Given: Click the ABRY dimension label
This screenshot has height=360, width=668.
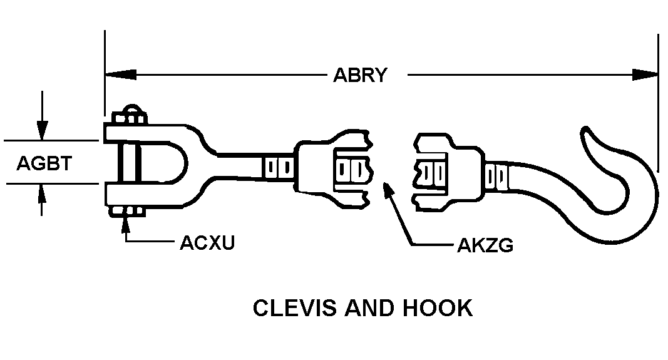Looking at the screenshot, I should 360,75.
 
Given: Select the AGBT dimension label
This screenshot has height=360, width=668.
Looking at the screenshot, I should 44,163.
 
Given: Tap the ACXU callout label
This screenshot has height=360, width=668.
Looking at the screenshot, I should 207,242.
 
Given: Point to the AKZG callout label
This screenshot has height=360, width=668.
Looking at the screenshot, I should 485,245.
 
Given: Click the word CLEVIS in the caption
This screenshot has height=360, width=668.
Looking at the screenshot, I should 289,308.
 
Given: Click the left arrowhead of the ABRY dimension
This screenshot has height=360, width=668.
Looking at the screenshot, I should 116,75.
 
